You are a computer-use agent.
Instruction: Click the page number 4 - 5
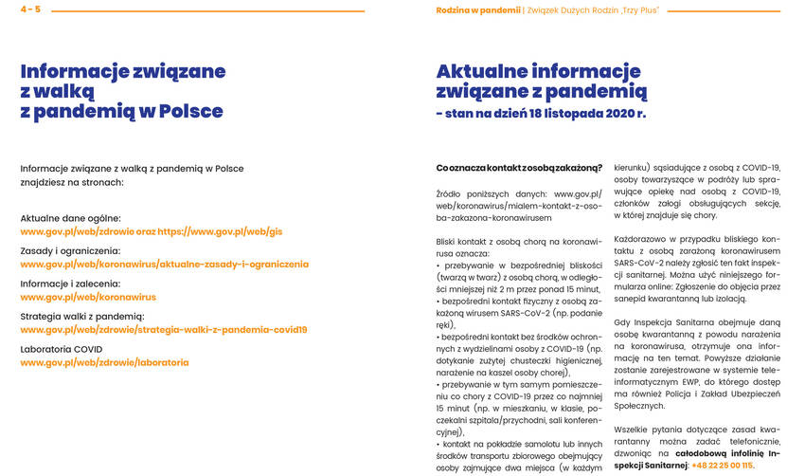tap(30, 9)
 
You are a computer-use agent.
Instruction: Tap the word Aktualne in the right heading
tap(492, 71)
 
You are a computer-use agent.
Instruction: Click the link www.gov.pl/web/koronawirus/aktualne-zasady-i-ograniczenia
tap(164, 264)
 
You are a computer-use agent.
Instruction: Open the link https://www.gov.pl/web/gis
tap(220, 231)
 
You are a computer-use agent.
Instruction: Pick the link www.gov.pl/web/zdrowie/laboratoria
tap(104, 362)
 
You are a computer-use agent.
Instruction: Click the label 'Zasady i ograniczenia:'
tap(71, 250)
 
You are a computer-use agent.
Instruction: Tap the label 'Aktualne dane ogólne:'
tap(70, 218)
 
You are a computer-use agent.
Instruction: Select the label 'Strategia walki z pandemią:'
tap(82, 317)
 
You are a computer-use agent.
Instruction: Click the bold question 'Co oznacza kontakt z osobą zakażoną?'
tap(519, 168)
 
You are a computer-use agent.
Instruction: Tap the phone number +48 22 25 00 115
tap(723, 466)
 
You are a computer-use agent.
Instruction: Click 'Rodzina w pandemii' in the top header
tap(478, 9)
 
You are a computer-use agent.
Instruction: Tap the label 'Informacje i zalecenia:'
tap(70, 284)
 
